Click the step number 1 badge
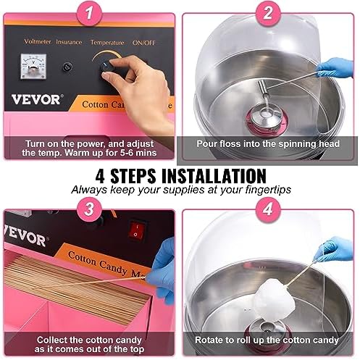click(x=89, y=13)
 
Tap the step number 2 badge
click(x=268, y=13)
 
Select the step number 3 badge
click(x=89, y=209)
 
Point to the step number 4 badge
click(x=268, y=209)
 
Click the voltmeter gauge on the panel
click(x=33, y=67)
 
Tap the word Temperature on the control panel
click(x=107, y=43)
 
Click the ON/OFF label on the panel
click(x=144, y=43)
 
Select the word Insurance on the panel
click(x=69, y=42)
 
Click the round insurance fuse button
click(x=67, y=67)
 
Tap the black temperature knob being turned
click(x=106, y=69)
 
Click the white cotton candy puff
click(x=275, y=299)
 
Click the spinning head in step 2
click(x=267, y=118)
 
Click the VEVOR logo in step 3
click(x=25, y=236)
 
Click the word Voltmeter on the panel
click(x=38, y=41)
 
